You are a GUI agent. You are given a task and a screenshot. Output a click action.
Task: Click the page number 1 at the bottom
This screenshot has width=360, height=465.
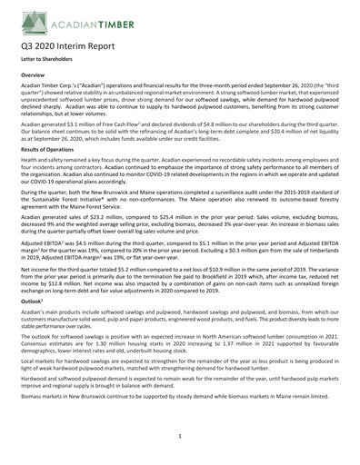point(180,437)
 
